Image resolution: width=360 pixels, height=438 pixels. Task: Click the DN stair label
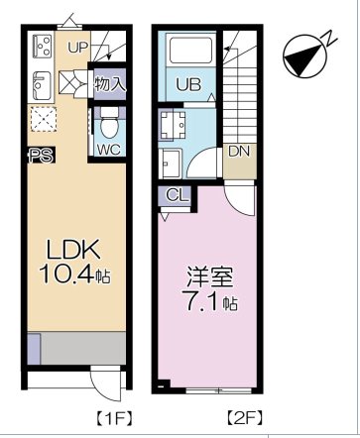tap(238, 152)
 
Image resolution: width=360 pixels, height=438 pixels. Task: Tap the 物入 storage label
tap(110, 84)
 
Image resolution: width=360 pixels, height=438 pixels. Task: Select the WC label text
tap(108, 151)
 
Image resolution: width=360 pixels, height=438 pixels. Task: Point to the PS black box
tap(40, 155)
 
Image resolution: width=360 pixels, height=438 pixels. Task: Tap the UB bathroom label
tap(188, 85)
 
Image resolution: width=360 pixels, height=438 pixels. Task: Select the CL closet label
tap(173, 195)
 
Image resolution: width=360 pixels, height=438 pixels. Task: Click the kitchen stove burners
tap(41, 46)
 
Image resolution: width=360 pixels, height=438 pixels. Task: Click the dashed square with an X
tap(43, 118)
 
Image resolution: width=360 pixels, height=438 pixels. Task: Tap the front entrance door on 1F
tap(102, 382)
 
